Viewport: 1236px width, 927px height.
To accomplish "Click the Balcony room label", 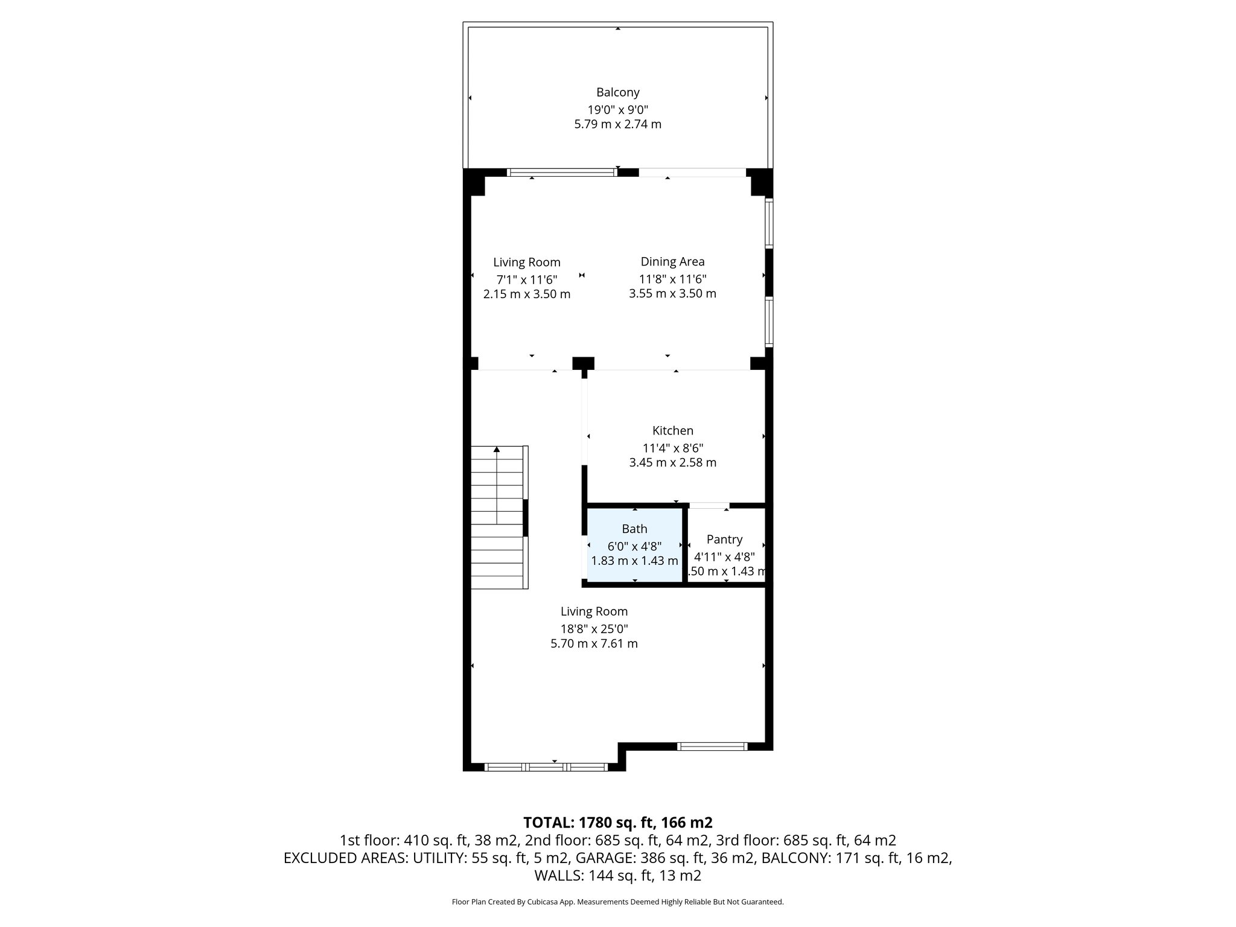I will coord(617,92).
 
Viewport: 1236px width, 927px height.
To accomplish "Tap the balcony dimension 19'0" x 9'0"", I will coord(617,110).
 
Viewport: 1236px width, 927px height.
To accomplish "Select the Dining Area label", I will coord(672,261).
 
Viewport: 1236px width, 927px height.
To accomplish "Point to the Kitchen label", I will coord(672,430).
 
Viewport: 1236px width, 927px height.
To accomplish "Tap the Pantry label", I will coord(724,539).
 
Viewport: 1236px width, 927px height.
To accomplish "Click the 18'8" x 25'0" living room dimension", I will coord(594,628).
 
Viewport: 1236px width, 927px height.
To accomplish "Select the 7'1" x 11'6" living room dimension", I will coord(526,279).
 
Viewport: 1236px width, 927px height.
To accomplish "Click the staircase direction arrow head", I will coord(497,449).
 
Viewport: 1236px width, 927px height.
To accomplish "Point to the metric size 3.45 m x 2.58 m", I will coord(672,462).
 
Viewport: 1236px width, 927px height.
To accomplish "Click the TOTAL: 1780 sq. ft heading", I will coord(617,822).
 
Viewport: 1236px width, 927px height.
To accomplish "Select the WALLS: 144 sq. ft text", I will coord(617,875).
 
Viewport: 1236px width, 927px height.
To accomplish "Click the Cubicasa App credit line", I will coord(617,902).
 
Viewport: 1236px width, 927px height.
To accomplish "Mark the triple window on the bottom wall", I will coord(546,767).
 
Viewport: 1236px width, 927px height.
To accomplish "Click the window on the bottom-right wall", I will coord(712,747).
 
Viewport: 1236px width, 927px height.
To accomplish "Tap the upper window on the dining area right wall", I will coord(769,223).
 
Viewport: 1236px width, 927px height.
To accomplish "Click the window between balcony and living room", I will coord(561,173).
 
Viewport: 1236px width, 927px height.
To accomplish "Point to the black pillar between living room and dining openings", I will coord(583,363).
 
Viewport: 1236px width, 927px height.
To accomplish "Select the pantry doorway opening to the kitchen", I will coord(709,506).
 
